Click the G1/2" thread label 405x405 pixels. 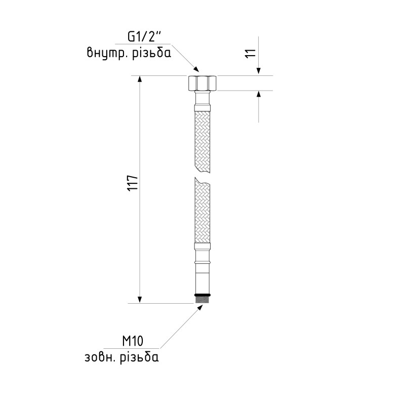144,36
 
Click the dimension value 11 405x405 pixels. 250,53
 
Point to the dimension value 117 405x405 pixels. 133,183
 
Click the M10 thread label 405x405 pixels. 133,341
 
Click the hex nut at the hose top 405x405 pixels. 202,83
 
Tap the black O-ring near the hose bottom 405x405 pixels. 202,295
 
